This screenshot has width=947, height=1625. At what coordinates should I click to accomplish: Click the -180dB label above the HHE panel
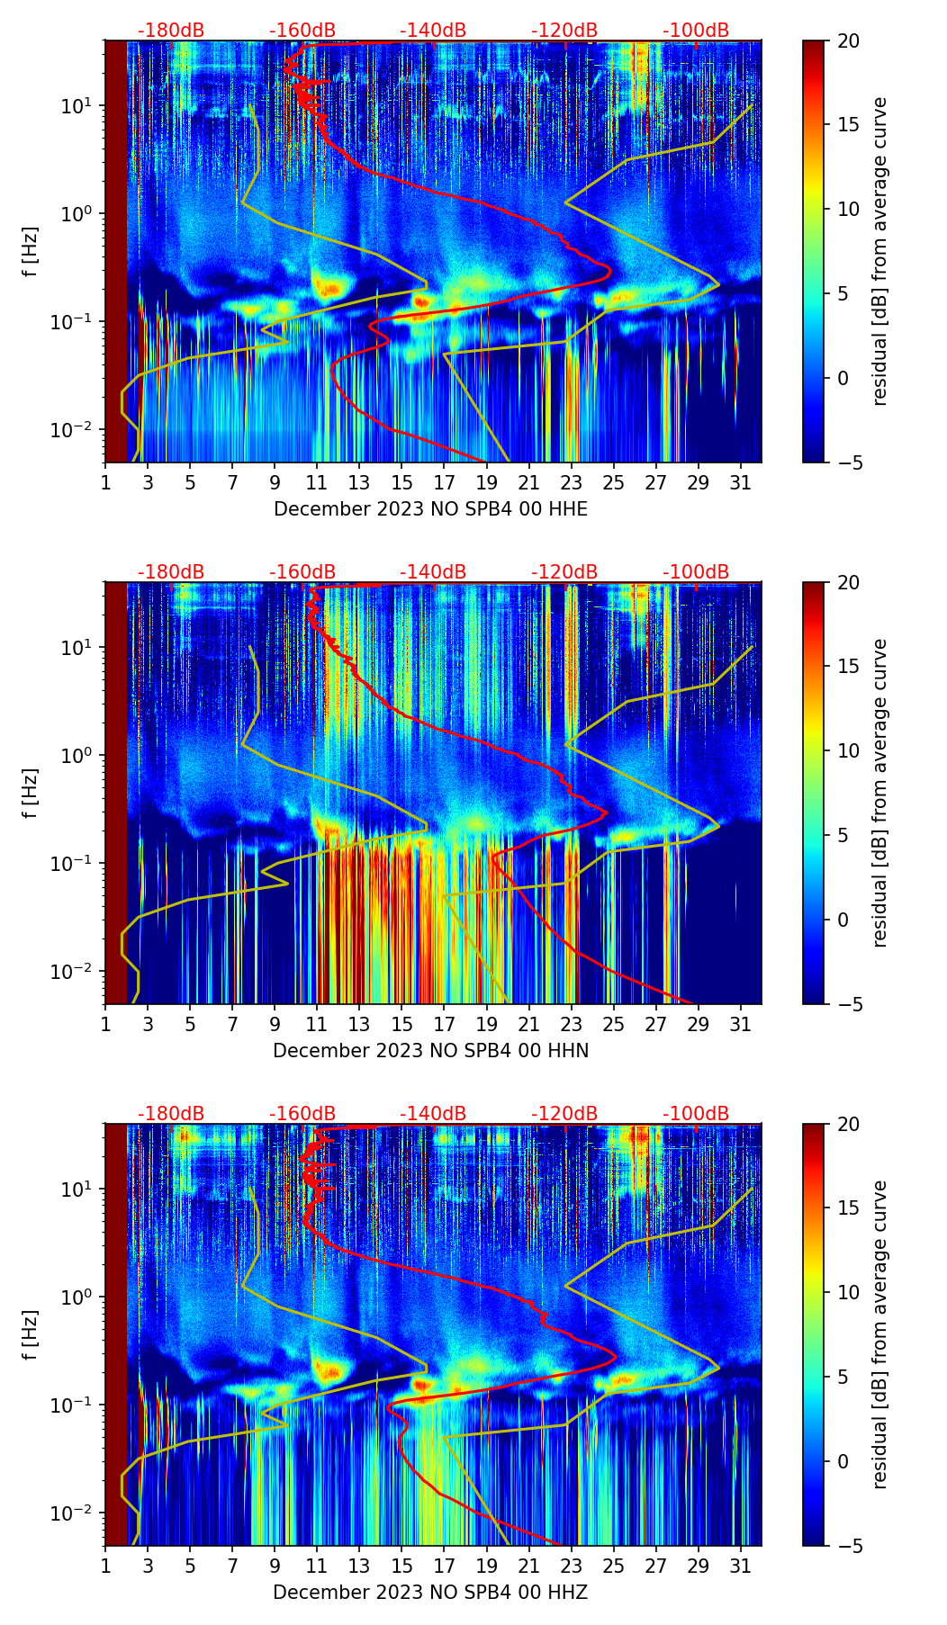pyautogui.click(x=171, y=31)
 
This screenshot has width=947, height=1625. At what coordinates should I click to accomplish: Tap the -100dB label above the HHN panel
pyautogui.click(x=696, y=572)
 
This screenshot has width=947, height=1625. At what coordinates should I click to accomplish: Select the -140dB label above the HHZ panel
pyautogui.click(x=433, y=1114)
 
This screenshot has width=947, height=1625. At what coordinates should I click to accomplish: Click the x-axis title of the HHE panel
pyautogui.click(x=430, y=509)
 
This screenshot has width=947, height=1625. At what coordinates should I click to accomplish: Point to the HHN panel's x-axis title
pyautogui.click(x=430, y=1051)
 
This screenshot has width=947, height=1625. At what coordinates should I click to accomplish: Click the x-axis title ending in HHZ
pyautogui.click(x=430, y=1593)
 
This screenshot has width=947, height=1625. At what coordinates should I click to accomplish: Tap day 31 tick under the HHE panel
pyautogui.click(x=740, y=482)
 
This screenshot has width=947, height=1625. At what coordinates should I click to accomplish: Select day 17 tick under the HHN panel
pyautogui.click(x=444, y=1024)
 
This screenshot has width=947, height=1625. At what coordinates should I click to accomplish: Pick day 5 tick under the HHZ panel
pyautogui.click(x=190, y=1566)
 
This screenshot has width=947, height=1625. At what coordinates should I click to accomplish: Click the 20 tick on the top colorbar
pyautogui.click(x=848, y=40)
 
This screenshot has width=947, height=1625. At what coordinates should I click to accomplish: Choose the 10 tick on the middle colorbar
pyautogui.click(x=848, y=750)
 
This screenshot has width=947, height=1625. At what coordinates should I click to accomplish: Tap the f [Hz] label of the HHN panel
pyautogui.click(x=31, y=793)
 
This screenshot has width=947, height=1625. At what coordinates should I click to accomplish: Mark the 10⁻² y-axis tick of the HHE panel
pyautogui.click(x=79, y=430)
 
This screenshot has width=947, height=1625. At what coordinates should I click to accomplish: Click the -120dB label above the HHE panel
pyautogui.click(x=564, y=31)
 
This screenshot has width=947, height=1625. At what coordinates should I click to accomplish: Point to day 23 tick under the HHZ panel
pyautogui.click(x=571, y=1566)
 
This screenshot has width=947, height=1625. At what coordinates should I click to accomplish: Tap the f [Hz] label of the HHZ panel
pyautogui.click(x=31, y=1334)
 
